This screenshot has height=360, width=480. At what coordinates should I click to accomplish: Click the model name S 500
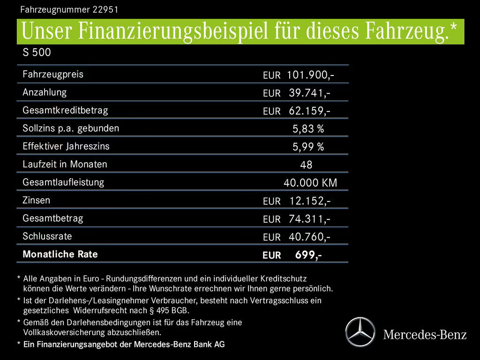coord(37,52)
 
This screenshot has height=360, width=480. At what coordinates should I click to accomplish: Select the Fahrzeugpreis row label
coord(53,74)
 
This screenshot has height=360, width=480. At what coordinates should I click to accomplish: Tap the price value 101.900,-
coord(310,75)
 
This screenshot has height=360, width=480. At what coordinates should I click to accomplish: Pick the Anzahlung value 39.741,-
coord(309,93)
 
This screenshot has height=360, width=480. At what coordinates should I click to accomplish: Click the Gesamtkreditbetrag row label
coord(65,111)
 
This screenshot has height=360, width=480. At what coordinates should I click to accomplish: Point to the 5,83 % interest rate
coord(308,129)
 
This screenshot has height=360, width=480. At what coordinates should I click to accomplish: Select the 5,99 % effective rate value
coord(308,147)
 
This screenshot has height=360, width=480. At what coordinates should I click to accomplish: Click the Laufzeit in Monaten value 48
coord(306,165)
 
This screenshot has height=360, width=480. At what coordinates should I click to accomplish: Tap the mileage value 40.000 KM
coord(310,183)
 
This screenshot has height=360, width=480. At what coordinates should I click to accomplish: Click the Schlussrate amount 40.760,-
coord(309,237)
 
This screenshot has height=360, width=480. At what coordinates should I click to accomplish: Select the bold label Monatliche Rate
coord(60,255)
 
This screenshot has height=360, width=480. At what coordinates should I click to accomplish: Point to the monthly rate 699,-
coord(308,255)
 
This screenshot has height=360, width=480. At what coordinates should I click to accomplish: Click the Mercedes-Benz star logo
coord(360,332)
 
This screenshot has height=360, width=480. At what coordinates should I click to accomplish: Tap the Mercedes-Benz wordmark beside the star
coord(425,335)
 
